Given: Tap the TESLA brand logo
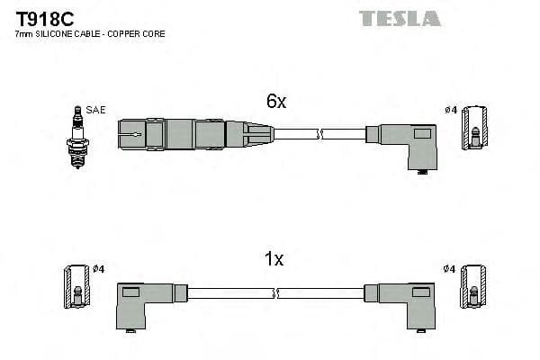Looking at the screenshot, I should [400, 18].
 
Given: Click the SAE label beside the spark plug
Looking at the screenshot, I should [96, 110].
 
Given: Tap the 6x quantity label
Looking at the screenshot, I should [275, 102].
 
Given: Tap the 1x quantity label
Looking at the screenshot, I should [274, 260].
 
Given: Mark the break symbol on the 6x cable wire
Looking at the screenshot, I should [319, 135].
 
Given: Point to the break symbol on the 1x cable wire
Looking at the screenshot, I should [277, 293].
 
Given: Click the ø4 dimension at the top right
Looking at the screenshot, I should [451, 110].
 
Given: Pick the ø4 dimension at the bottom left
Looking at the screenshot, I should [99, 268].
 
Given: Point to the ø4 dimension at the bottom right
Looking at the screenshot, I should [450, 268].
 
